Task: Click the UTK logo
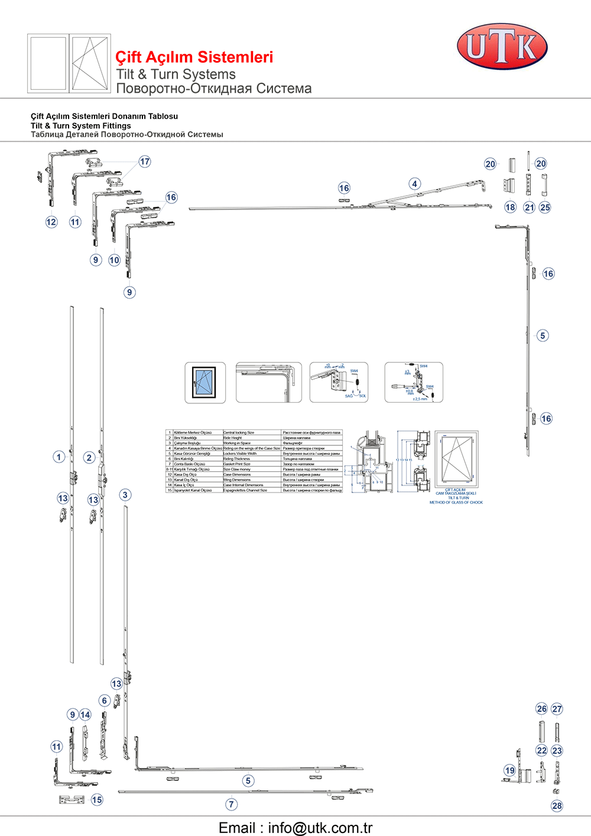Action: [502, 47]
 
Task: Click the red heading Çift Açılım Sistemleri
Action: [194, 57]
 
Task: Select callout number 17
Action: [145, 161]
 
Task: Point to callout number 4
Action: [415, 184]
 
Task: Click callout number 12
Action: [51, 222]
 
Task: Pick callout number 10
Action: [114, 260]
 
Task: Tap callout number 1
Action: [59, 456]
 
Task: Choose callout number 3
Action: [125, 495]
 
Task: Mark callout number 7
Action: [232, 804]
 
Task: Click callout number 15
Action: [97, 799]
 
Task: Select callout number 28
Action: [557, 805]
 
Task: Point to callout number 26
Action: [541, 709]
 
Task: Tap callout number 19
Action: [510, 770]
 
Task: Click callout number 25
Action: [545, 208]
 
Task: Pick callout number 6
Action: [105, 701]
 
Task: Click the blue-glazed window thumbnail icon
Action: [205, 383]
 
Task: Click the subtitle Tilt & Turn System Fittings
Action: [81, 126]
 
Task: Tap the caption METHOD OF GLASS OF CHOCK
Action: [456, 503]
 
